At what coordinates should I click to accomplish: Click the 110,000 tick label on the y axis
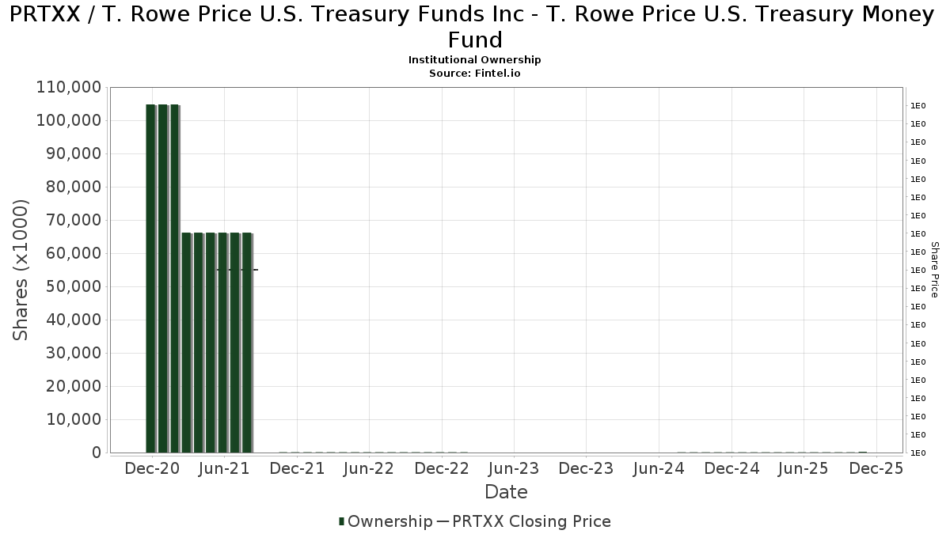(x=68, y=87)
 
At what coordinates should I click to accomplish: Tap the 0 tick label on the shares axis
(x=96, y=453)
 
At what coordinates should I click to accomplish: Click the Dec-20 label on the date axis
(x=153, y=468)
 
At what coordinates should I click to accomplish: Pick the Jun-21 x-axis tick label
(x=225, y=468)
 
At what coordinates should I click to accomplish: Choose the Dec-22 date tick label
(x=442, y=468)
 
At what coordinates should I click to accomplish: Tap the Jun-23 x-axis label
(x=514, y=468)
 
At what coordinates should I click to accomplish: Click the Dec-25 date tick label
(x=876, y=468)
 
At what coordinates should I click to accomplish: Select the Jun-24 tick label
(x=659, y=468)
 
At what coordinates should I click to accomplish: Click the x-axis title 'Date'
(x=506, y=492)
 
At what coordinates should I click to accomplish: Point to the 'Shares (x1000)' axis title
(x=21, y=270)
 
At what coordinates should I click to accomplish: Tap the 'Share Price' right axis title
(x=934, y=270)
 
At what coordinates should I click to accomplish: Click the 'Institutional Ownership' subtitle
(x=474, y=60)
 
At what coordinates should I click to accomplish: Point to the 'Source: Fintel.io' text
(x=474, y=73)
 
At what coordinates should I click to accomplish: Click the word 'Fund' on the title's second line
(x=475, y=40)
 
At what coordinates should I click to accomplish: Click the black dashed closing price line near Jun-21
(x=237, y=270)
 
